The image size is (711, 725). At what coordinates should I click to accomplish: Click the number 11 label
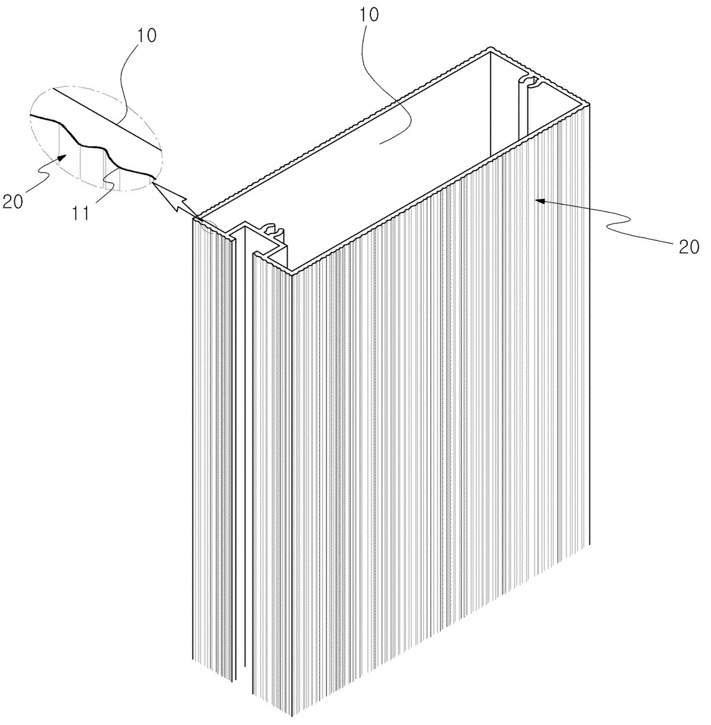pyautogui.click(x=80, y=214)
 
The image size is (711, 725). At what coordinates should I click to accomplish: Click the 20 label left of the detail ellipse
pyautogui.click(x=13, y=201)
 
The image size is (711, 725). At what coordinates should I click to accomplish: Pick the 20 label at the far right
pyautogui.click(x=688, y=247)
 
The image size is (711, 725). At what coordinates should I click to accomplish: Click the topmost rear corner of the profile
pyautogui.click(x=491, y=48)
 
